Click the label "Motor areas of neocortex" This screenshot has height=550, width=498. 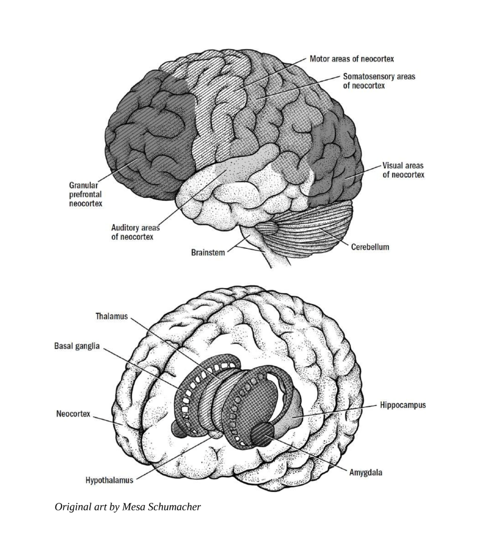(351, 59)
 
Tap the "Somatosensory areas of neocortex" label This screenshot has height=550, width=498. (379, 81)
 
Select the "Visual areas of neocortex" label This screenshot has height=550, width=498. (403, 170)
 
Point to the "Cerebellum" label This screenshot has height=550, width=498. (370, 247)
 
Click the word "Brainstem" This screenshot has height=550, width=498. (208, 253)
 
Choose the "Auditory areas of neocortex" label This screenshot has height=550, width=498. (136, 232)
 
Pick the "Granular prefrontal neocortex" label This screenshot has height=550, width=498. (85, 194)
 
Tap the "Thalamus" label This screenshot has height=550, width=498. (111, 316)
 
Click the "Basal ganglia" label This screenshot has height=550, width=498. (77, 346)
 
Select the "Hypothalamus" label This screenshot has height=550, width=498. (110, 480)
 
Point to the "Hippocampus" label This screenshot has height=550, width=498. (403, 405)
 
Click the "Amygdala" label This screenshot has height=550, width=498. (366, 473)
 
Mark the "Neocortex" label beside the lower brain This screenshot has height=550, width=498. (73, 414)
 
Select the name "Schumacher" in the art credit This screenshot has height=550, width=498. (175, 507)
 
